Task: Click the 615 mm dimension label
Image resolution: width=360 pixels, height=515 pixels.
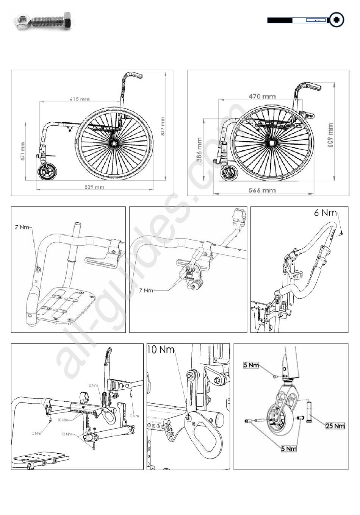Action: click(80, 99)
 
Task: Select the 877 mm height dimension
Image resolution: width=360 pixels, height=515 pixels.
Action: click(163, 126)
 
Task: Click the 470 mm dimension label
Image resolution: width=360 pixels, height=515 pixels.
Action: click(262, 97)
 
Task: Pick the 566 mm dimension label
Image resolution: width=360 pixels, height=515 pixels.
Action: click(262, 190)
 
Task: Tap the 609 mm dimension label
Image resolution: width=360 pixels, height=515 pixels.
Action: click(330, 135)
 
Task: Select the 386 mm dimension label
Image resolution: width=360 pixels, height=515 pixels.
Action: click(200, 150)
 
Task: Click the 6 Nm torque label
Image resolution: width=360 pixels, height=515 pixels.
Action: click(325, 213)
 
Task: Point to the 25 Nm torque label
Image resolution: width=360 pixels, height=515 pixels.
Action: click(335, 426)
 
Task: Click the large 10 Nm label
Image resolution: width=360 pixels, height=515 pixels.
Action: click(160, 350)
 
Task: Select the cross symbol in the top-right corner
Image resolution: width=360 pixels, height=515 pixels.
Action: click(336, 20)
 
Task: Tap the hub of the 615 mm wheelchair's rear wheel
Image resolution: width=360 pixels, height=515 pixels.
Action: click(113, 144)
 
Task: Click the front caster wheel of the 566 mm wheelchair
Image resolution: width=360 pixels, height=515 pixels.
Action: click(228, 172)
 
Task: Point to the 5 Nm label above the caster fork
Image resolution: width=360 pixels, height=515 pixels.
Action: click(251, 365)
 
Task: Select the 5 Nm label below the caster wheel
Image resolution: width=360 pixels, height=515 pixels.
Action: click(289, 449)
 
